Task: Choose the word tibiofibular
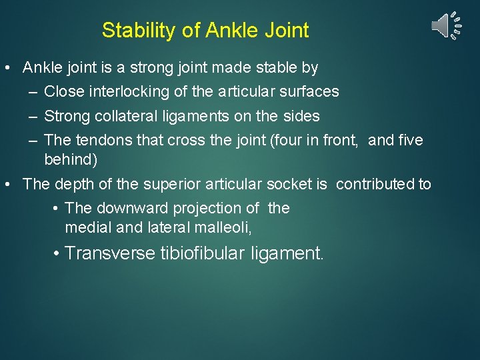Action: click(x=203, y=253)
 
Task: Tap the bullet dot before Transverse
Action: click(x=58, y=253)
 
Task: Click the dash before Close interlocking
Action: click(x=33, y=92)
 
